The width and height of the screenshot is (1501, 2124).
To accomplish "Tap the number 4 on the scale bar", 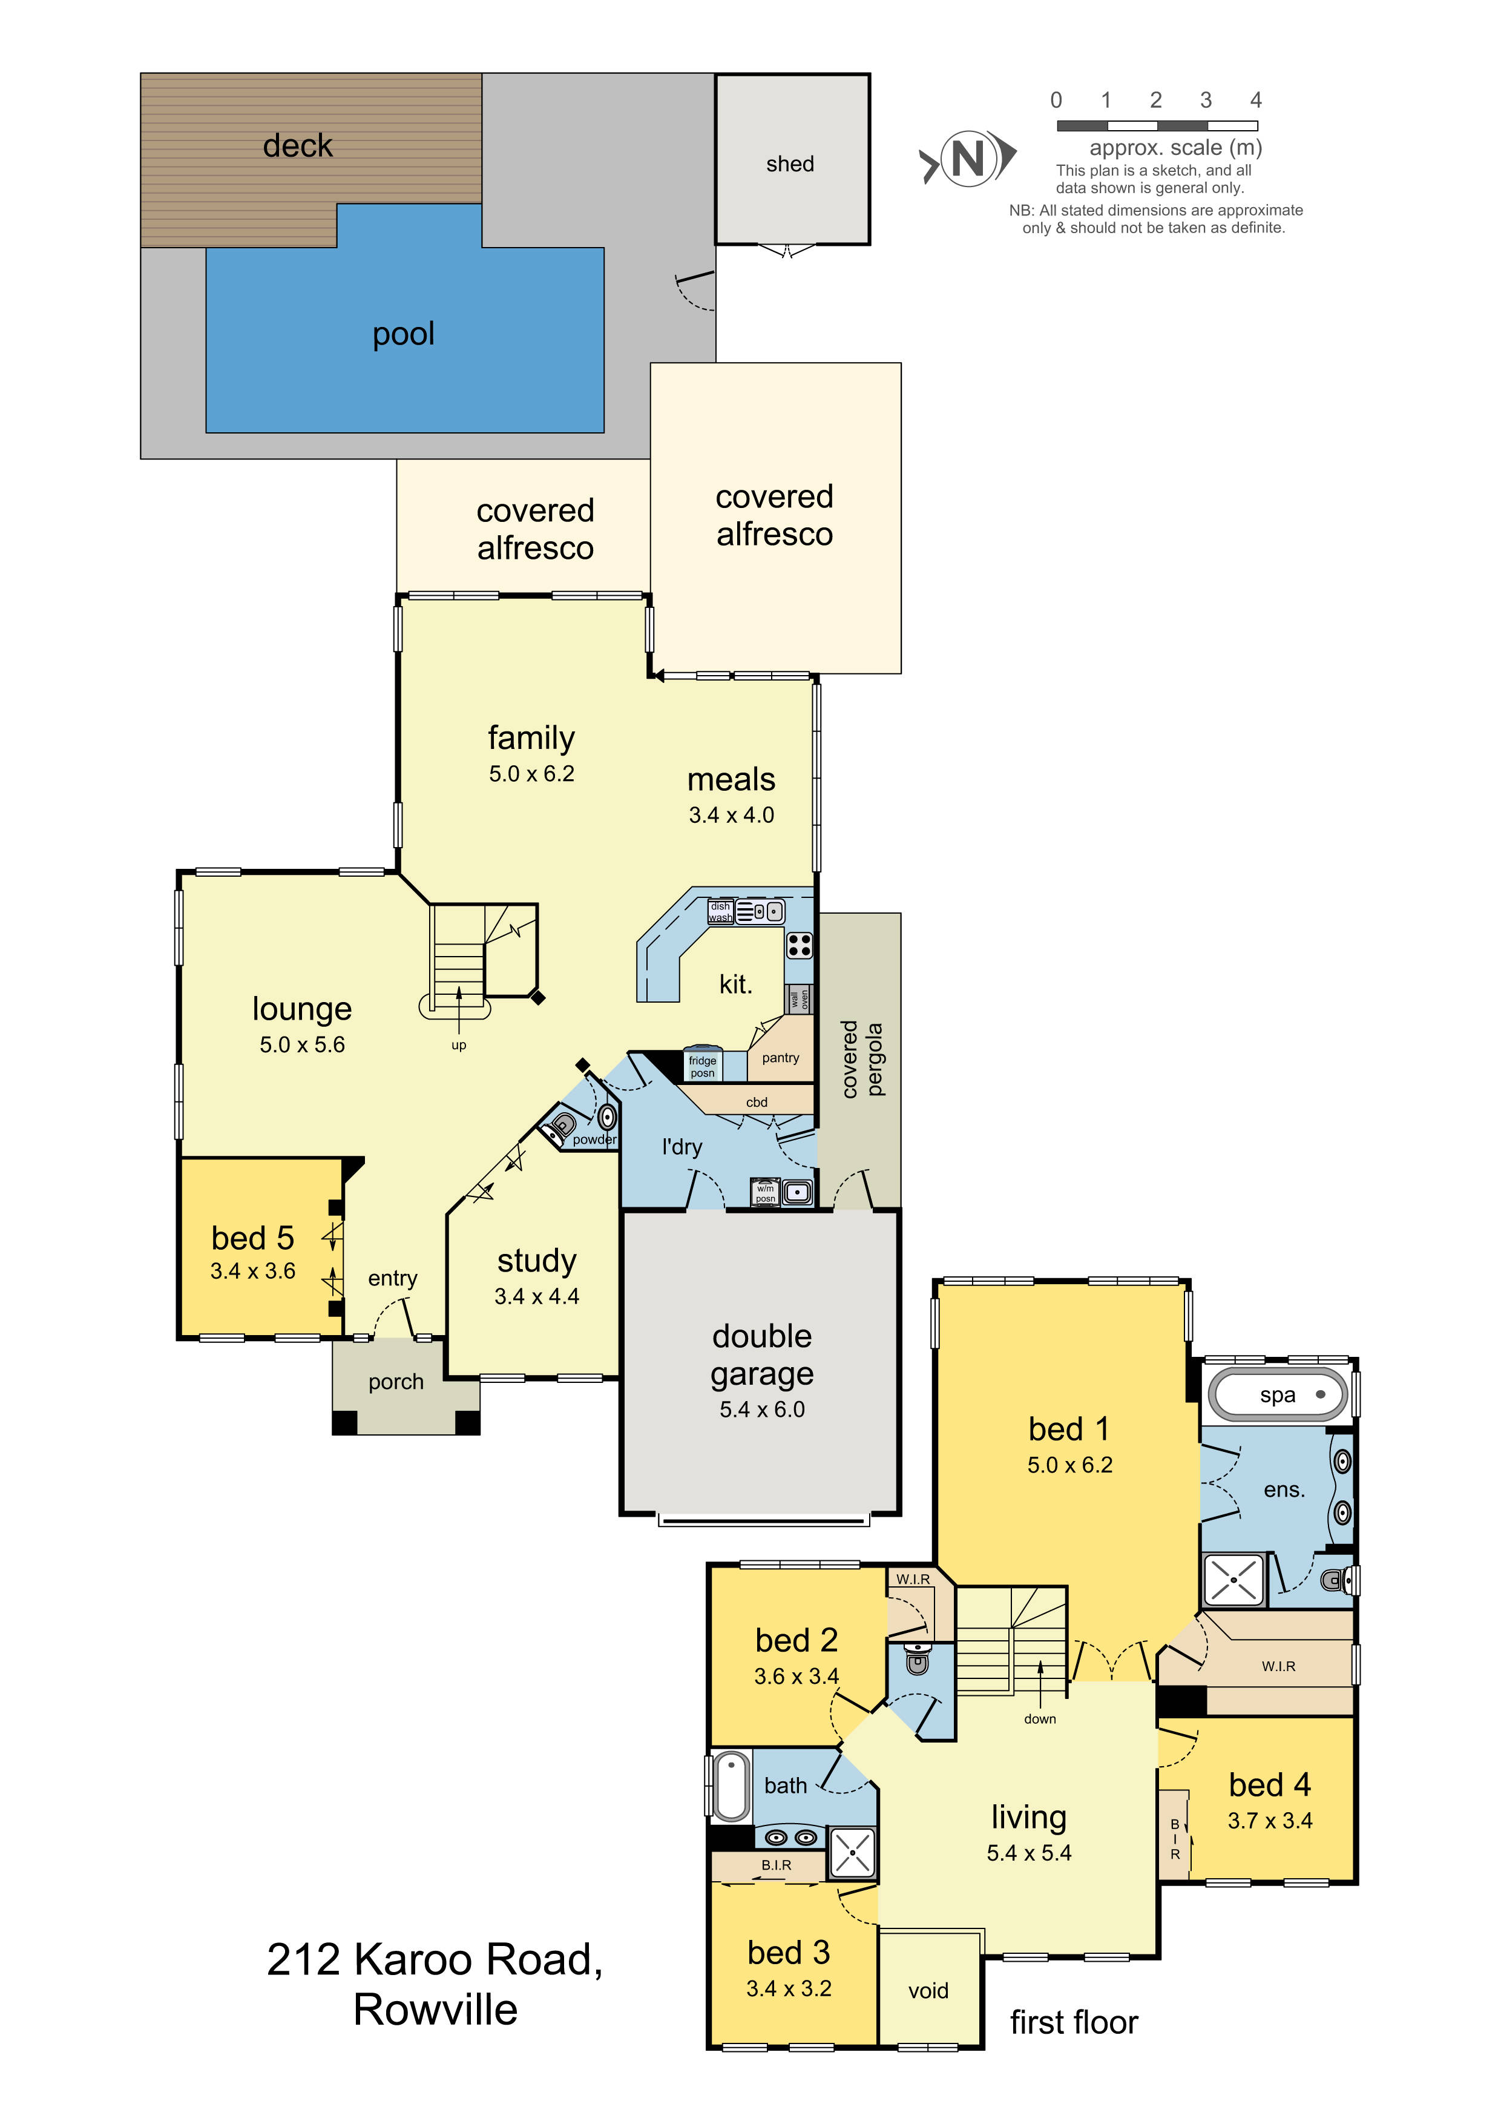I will coord(1255,100).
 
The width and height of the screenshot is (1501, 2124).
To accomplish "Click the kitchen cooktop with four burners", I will coord(799,945).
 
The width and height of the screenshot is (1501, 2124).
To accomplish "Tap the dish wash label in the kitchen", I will coord(720,912).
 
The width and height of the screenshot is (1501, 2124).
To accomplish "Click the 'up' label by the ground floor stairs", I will coord(459,1045).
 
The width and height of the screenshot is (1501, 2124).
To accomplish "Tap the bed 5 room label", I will coord(252,1238).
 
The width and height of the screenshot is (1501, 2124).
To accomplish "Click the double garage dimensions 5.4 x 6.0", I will coord(762,1409).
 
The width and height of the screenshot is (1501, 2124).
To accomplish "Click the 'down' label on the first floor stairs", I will coord(1040,1719).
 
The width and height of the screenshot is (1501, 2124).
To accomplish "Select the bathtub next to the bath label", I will coord(732,1786).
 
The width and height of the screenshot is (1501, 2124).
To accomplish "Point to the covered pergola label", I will coord(862,1059).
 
